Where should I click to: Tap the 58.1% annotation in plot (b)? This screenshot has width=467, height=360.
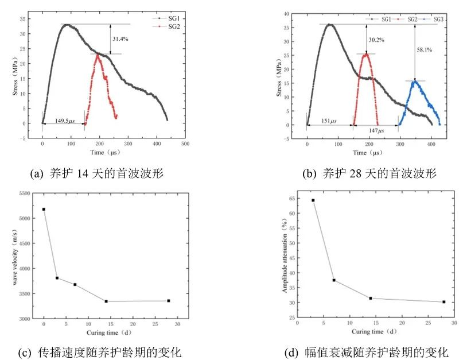coord(425,50)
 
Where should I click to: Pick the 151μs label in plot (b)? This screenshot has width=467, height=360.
coord(329,121)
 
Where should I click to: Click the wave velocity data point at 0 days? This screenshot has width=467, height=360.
coord(44,209)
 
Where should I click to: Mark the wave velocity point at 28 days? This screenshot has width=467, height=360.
coord(168,301)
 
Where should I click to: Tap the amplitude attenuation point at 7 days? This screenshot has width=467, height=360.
coord(333,280)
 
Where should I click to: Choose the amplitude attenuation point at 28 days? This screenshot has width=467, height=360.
coord(443,302)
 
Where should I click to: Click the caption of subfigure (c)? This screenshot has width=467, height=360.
coord(102,351)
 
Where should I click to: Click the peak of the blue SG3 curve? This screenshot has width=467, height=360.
coord(414,81)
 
